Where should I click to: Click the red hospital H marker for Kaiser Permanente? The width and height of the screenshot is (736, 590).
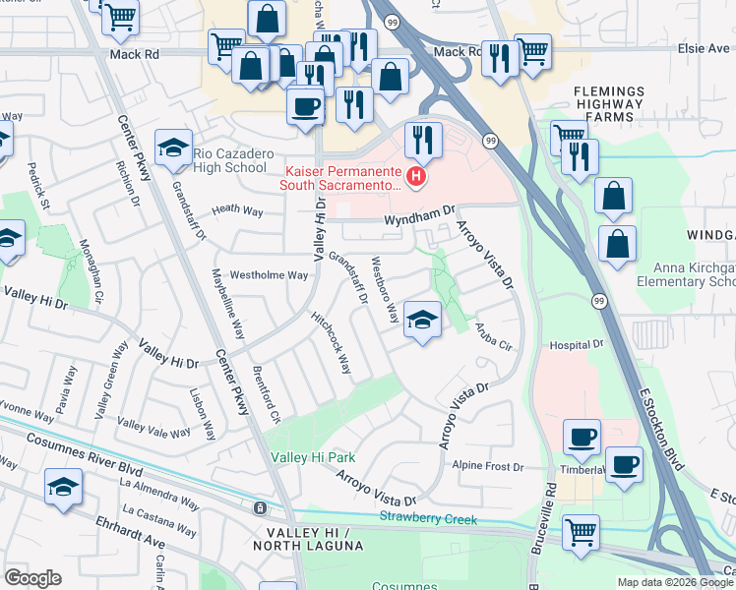416,177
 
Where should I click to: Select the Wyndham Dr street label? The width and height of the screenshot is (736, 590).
420,211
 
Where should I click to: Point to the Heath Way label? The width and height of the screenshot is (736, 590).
238,209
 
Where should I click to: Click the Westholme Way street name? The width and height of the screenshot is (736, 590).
269,275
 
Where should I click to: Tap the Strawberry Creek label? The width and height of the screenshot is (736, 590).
428,518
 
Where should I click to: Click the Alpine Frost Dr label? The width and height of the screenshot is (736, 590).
488,467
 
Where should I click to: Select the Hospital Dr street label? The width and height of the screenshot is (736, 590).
576,345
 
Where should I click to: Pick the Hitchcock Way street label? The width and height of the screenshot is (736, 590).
331,343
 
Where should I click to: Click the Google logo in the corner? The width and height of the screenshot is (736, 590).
33,578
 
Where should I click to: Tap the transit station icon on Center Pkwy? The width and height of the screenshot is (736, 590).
259,508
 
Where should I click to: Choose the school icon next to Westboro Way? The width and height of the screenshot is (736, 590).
422,321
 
